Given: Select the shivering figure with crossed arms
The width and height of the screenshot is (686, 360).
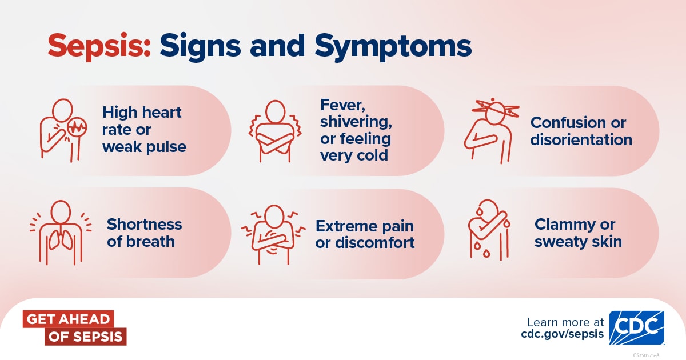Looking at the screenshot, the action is tap(275, 131).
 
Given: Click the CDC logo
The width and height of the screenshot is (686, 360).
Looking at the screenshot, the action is tap(637, 328).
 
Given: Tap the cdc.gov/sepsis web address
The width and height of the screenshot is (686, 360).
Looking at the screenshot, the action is tap(563, 334).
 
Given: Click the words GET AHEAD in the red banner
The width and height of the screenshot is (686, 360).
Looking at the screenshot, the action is tap(68, 319).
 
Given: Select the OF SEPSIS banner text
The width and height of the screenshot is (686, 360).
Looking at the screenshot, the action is tap(85, 337).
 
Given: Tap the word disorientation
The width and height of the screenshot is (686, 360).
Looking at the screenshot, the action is tap(581, 139).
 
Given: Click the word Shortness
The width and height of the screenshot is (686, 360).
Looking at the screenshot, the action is tap(144, 225).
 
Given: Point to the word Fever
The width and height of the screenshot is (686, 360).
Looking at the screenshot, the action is tap(342, 105).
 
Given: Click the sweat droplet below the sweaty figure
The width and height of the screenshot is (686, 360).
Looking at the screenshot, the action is tap(486, 253).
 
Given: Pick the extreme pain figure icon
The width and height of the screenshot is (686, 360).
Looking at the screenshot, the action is tap(273, 235).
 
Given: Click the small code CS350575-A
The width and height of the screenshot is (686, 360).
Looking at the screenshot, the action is tap(646, 355).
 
